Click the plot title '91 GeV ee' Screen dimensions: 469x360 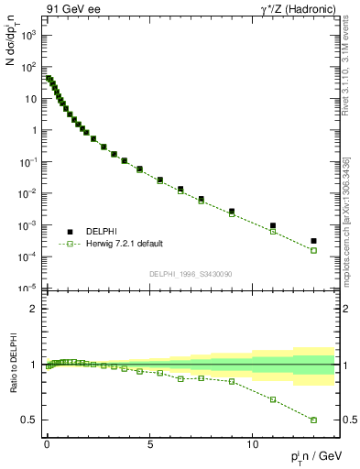tap(71, 9)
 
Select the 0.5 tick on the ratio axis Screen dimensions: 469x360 tap(27, 420)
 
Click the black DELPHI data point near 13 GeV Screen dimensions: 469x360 tap(313, 241)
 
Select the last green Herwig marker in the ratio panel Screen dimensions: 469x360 tap(313, 420)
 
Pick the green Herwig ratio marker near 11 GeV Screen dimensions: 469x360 tap(273, 399)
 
